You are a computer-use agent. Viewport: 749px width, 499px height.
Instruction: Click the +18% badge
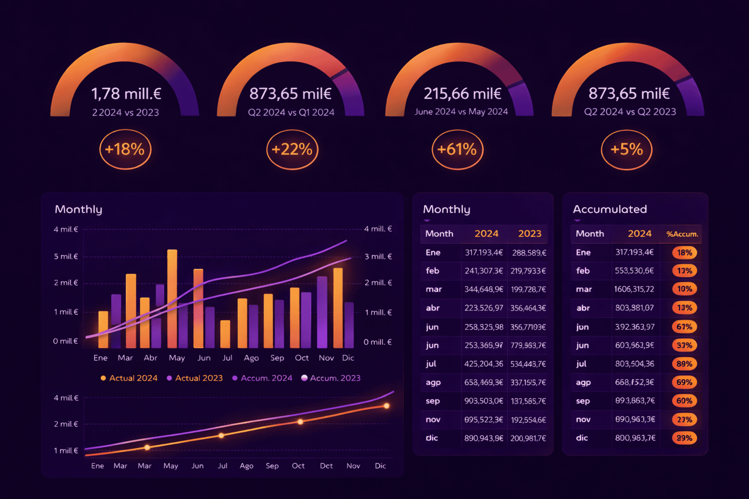pos(125,149)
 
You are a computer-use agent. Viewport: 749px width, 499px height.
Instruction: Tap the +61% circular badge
pos(457,149)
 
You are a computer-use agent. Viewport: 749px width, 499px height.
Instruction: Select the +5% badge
pos(626,149)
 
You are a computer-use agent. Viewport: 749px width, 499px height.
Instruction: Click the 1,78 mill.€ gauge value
pos(126,94)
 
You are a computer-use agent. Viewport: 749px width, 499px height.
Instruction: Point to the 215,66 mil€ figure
pos(462,94)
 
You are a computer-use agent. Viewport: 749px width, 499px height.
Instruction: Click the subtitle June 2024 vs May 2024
pos(461,111)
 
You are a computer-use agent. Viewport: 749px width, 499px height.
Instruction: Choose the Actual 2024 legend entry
pos(129,378)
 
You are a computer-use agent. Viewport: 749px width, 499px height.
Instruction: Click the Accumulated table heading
pos(610,209)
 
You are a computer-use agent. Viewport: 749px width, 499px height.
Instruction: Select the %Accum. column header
pos(682,234)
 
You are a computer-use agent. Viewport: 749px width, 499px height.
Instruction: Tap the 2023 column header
pos(530,234)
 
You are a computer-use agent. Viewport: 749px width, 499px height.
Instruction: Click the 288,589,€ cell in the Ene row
pos(529,253)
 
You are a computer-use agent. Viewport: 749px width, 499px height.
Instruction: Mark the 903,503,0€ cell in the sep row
pos(483,401)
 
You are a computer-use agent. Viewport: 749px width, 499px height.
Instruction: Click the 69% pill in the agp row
pos(684,382)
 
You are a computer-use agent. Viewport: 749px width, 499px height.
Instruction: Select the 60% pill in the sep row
pos(684,401)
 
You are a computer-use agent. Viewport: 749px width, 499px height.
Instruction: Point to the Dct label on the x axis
pos(326,466)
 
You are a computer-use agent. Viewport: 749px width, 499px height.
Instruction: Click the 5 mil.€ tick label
pos(66,256)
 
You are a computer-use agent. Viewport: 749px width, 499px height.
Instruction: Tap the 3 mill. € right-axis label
pos(378,256)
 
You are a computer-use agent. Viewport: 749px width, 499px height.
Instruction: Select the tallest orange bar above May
pos(172,298)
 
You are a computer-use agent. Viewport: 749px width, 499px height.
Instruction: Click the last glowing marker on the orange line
pos(387,406)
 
